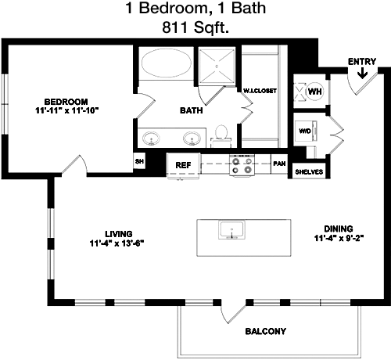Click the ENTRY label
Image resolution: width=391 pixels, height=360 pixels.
tap(362, 62)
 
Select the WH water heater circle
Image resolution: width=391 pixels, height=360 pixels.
tap(314, 92)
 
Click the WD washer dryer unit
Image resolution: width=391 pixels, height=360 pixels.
tap(305, 131)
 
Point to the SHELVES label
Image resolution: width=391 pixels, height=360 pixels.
tap(309, 172)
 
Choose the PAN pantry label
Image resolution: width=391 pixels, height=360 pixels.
tap(279, 164)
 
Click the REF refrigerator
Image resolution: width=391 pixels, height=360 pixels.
tap(184, 166)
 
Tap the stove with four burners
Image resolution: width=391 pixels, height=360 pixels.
tap(242, 165)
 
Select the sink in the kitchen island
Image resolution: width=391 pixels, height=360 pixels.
tap(231, 230)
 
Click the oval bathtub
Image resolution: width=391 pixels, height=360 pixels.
tap(167, 63)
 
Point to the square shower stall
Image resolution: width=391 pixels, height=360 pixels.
tap(217, 67)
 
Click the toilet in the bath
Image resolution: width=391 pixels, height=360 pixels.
tap(221, 136)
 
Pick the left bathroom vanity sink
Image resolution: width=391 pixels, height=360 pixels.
tap(151, 139)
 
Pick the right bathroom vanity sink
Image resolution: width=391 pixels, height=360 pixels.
tap(192, 139)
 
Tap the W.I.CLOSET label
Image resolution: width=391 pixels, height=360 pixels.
tap(260, 91)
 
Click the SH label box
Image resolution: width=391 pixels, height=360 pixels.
tap(139, 161)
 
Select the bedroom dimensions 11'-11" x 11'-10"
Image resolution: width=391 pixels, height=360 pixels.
tap(67, 110)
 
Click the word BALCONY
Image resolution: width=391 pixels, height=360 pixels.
tap(266, 331)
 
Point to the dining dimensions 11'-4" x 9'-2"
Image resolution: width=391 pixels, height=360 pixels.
tap(339, 238)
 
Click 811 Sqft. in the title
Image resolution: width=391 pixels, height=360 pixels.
tap(195, 27)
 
